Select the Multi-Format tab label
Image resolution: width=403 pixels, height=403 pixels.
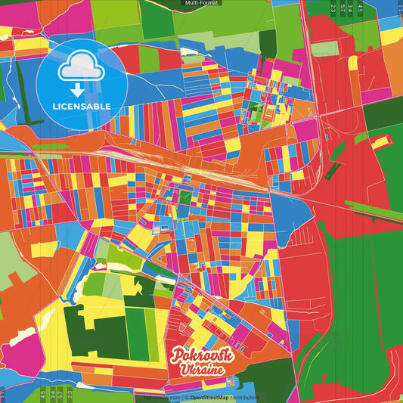click(201, 4)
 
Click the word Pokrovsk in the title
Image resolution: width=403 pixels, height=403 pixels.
click(202, 355)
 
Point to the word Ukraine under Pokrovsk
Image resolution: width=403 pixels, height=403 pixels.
click(201, 370)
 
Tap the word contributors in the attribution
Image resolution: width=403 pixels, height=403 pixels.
click(246, 397)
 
